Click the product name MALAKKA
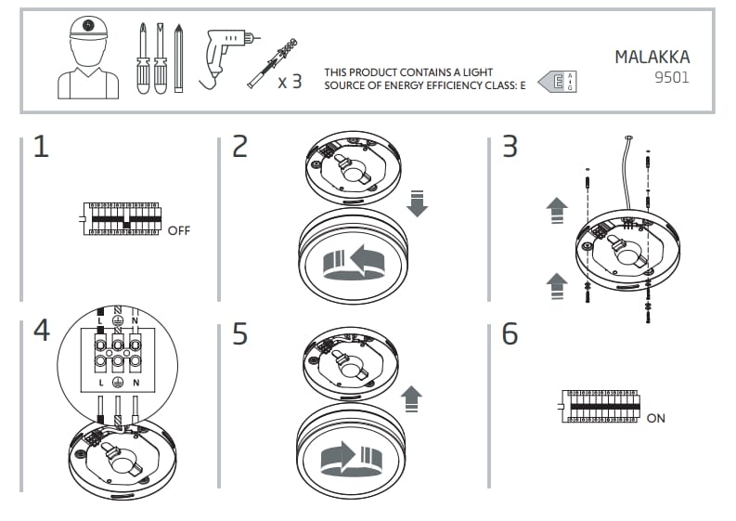pos(652,57)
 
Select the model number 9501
pos(671,78)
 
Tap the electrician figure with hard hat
pos(87,58)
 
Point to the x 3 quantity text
pos(290,82)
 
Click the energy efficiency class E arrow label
pos(557,82)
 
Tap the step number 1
pos(40,147)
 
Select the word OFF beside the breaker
pos(178,230)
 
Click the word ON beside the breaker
pos(655,418)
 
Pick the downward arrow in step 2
pos(417,202)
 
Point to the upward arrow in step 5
pos(411,398)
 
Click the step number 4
pos(41,331)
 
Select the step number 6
pos(510,333)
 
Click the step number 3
pos(510,147)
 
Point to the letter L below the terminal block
pos(99,383)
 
